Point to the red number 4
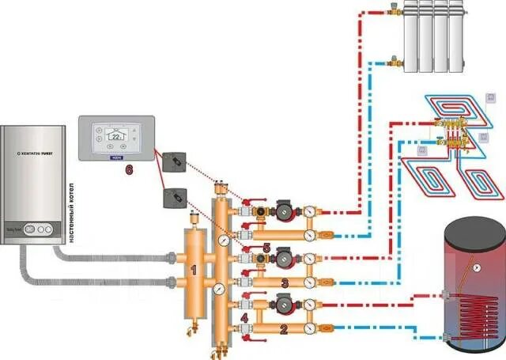(x=244, y=319)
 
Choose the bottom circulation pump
(x=284, y=301)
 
